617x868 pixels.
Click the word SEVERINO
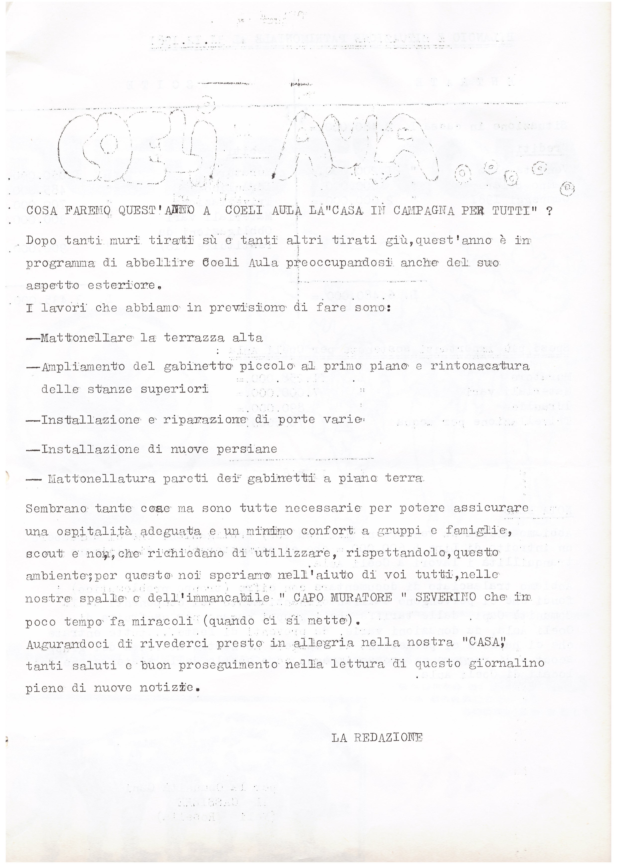click(445, 597)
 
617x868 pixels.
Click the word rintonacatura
click(480, 366)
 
